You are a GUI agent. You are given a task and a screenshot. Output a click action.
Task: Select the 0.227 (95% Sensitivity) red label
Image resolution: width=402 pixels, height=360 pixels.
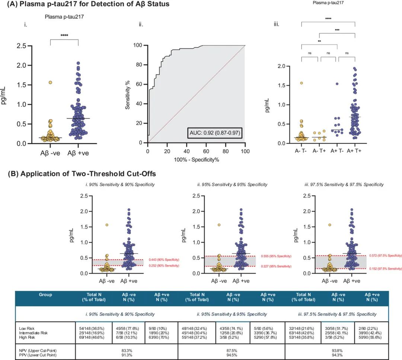(276, 266)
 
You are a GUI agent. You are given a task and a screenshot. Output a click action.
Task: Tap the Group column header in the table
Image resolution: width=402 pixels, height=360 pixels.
(45, 295)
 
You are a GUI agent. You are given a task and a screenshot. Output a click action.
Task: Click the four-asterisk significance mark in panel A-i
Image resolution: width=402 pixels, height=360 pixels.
(64, 36)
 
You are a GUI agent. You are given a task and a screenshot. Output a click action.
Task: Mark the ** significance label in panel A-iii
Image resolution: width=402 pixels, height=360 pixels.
(319, 41)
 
